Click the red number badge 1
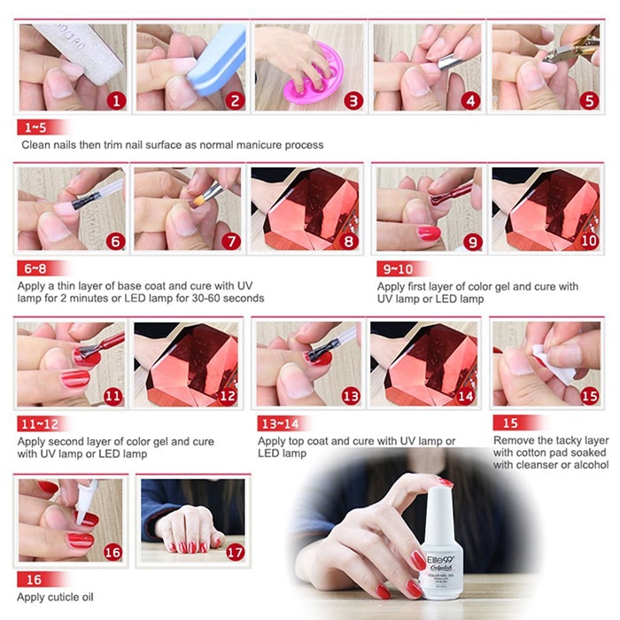(115, 100)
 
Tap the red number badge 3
(353, 100)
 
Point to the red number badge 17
(235, 551)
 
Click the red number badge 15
(588, 396)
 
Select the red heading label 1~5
(36, 126)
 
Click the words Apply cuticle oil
(55, 597)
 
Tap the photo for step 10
(545, 207)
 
